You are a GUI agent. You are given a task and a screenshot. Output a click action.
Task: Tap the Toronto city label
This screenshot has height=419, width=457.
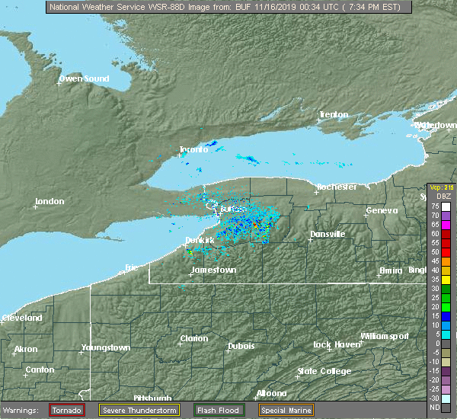coord(193,149)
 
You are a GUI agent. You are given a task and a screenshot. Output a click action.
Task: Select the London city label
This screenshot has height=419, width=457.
coord(50,202)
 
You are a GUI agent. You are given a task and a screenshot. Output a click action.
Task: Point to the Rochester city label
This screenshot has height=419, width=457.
coord(337,187)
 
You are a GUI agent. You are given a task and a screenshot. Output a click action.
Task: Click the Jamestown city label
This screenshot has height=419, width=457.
coord(213,270)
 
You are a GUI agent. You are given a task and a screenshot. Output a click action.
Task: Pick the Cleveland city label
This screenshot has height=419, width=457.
coord(21,318)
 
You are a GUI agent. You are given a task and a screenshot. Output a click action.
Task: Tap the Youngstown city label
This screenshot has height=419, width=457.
coord(106,348)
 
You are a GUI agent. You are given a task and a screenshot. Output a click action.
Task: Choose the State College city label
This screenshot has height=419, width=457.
coord(324,372)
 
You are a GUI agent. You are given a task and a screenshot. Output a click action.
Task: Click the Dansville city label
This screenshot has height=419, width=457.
coord(328,234)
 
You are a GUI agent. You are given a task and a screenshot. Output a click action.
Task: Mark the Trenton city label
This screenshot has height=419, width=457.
coord(334,115)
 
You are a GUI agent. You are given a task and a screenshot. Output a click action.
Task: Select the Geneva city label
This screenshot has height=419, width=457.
coord(382,211)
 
